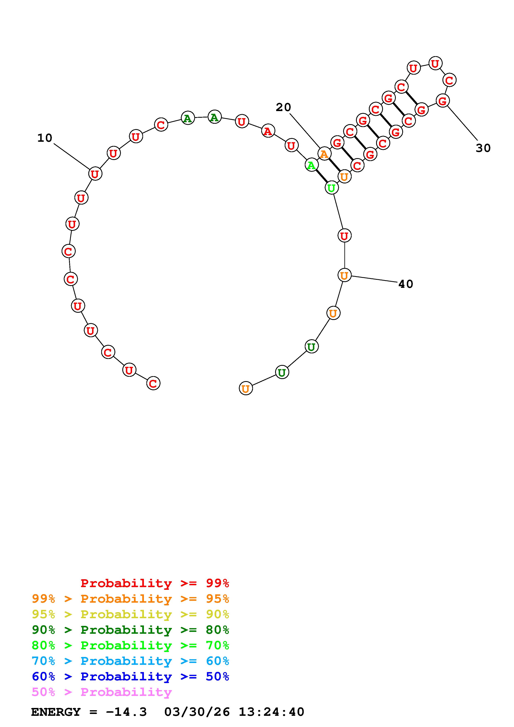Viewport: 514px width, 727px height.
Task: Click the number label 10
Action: [45, 138]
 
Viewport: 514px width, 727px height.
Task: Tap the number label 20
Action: [283, 108]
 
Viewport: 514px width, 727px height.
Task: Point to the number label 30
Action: [483, 148]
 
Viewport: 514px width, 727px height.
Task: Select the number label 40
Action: [406, 284]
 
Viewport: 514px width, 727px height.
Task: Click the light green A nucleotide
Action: [312, 165]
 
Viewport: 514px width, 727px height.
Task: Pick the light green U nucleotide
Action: [332, 188]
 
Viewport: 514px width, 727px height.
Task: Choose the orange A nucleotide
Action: [324, 154]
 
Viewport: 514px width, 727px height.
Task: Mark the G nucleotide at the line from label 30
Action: [443, 101]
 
